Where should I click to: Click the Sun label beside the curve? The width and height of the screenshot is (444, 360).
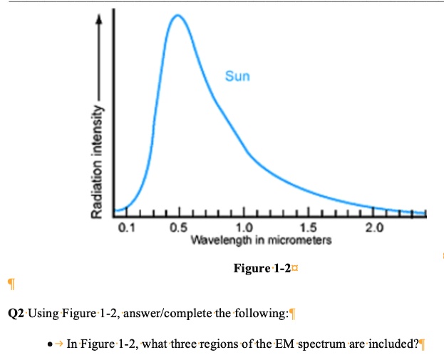(x=237, y=76)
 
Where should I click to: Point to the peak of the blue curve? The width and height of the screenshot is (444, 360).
(x=177, y=16)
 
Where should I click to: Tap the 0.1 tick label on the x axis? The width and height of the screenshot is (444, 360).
(x=125, y=228)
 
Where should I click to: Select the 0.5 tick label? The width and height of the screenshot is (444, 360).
(x=178, y=228)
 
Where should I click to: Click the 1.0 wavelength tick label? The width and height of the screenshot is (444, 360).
(x=244, y=228)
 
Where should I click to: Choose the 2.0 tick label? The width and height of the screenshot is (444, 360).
(x=373, y=228)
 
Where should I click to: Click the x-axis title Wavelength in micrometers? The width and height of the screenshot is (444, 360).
(x=262, y=240)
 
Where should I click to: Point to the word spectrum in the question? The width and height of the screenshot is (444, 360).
(x=322, y=344)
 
